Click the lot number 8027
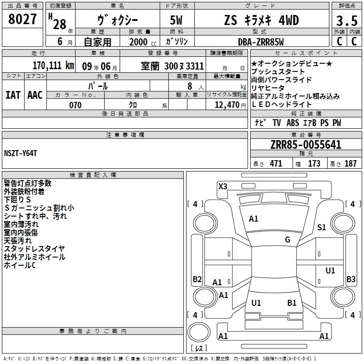tap(22, 19)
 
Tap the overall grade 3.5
tap(347, 21)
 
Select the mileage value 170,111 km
tap(53, 66)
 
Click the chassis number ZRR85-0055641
tap(306, 145)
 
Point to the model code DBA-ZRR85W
tap(261, 42)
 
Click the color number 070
tap(75, 105)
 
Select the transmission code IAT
tap(13, 95)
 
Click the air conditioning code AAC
tap(35, 95)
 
